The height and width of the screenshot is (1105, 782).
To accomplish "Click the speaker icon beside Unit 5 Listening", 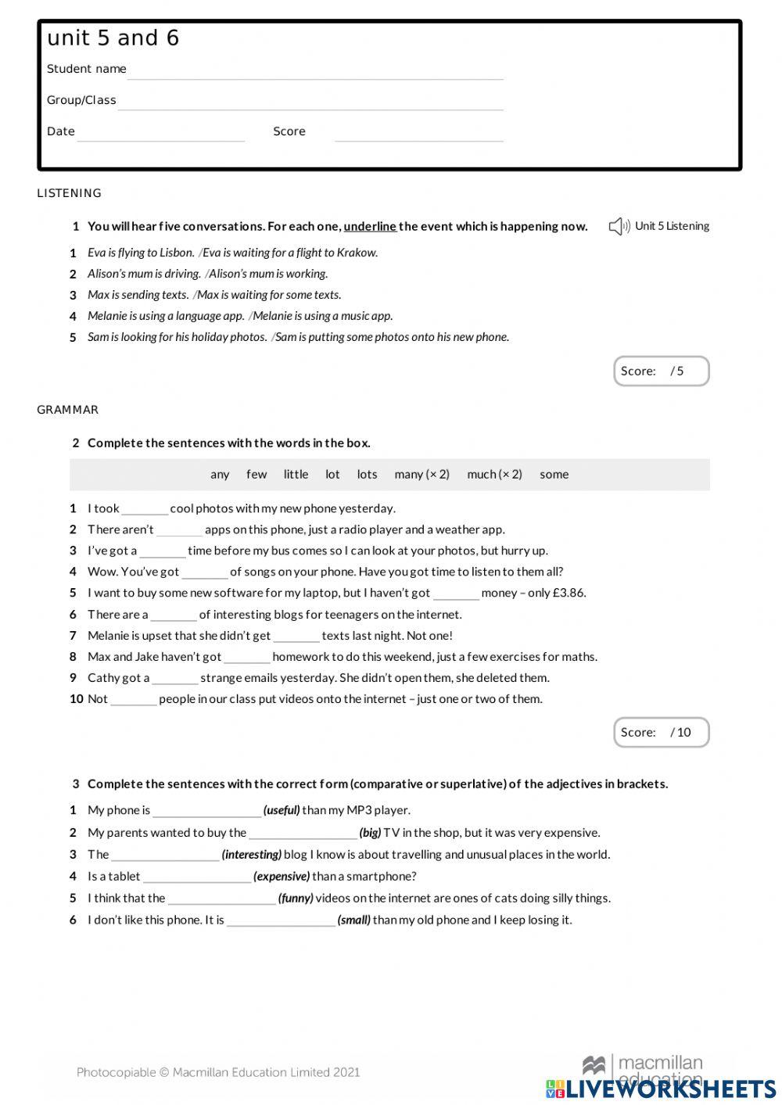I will pyautogui.click(x=619, y=227).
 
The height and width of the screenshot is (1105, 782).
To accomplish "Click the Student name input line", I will pyautogui.click(x=315, y=72).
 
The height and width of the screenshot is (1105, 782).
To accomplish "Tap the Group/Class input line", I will pyautogui.click(x=310, y=103).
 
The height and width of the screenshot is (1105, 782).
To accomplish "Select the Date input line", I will pyautogui.click(x=161, y=135).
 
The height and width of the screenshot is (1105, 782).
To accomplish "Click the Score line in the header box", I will pyautogui.click(x=418, y=135).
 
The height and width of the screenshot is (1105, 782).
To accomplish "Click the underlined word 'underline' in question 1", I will pyautogui.click(x=370, y=227).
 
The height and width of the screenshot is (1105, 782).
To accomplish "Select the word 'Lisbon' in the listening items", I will pyautogui.click(x=176, y=253).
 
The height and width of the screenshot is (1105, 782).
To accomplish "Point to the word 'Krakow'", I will pyautogui.click(x=357, y=253).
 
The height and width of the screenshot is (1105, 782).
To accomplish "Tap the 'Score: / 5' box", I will pyautogui.click(x=661, y=371).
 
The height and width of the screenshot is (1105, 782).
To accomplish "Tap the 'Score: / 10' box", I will pyautogui.click(x=661, y=733).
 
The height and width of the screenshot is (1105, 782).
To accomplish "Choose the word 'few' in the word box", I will pyautogui.click(x=256, y=475).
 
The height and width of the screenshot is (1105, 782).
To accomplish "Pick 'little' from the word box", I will pyautogui.click(x=296, y=475).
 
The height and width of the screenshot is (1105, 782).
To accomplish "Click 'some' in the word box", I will pyautogui.click(x=554, y=475).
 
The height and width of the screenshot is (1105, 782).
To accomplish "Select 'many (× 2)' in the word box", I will pyautogui.click(x=421, y=475).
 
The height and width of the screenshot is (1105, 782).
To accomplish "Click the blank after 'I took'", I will pyautogui.click(x=145, y=510).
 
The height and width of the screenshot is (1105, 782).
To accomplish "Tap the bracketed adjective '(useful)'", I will pyautogui.click(x=282, y=810).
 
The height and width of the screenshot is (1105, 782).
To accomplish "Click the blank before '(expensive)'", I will pyautogui.click(x=197, y=877).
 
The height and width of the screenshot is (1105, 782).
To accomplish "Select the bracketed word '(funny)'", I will pyautogui.click(x=296, y=899).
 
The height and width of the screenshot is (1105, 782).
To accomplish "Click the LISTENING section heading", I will pyautogui.click(x=70, y=193).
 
